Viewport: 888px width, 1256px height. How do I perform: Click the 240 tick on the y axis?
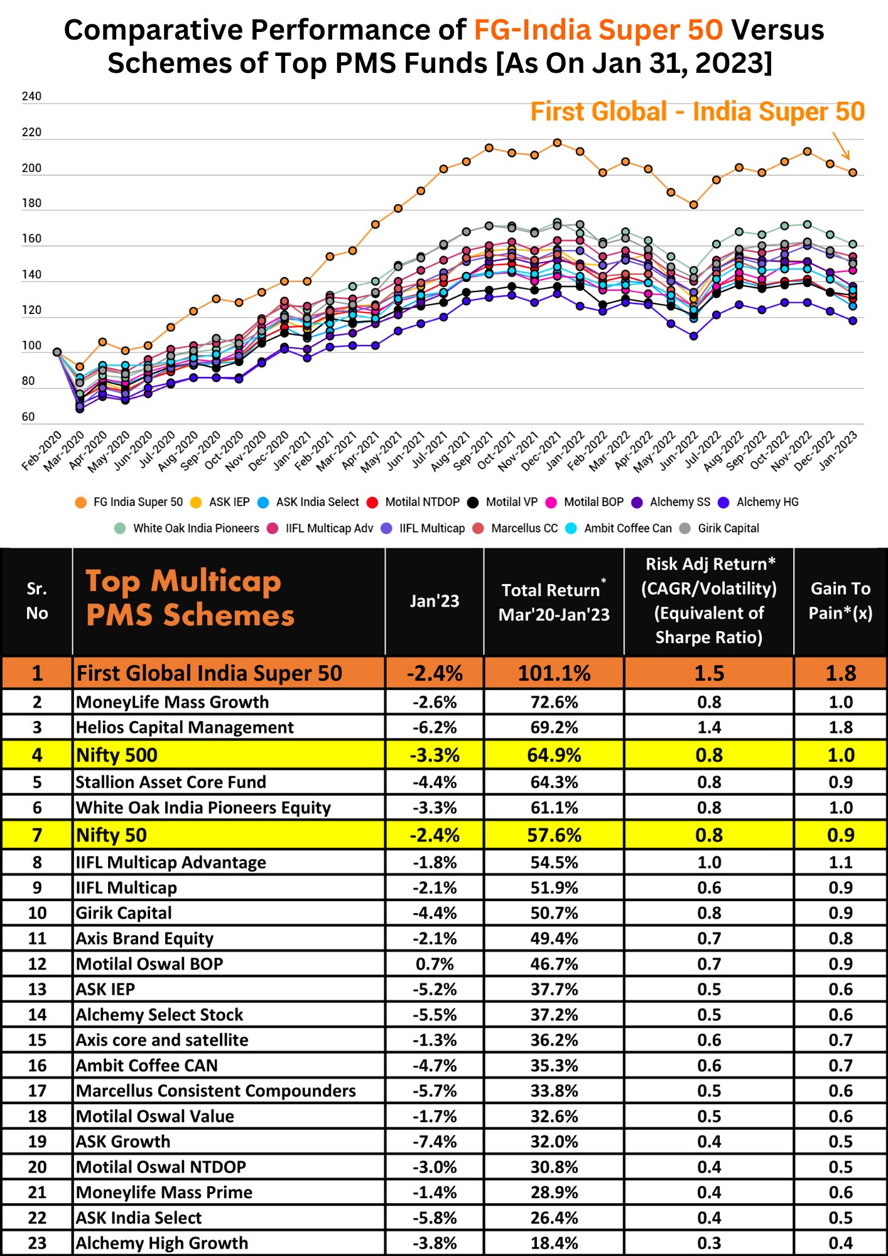coord(31,97)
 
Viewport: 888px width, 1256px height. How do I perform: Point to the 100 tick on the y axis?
coord(31,346)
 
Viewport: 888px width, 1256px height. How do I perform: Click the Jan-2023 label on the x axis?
coord(839,450)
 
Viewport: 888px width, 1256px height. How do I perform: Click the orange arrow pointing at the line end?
coord(842,146)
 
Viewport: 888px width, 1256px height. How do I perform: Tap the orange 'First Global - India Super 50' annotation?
coord(697,112)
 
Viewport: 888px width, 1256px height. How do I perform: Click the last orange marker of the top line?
coord(853,173)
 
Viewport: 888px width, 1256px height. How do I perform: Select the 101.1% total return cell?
coord(554,673)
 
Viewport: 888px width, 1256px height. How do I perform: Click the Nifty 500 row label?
coord(117,755)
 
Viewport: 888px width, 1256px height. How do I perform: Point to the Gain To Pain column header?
coord(840,601)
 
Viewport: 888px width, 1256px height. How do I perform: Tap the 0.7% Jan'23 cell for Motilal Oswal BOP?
coord(435,964)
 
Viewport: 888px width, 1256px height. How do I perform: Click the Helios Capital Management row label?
coord(185,727)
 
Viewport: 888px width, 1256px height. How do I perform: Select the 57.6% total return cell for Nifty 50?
coord(554,835)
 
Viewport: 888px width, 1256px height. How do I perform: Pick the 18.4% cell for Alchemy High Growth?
coord(554,1243)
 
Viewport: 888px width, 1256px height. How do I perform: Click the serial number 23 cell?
coord(37,1243)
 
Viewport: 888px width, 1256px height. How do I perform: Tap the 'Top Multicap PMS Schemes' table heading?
coord(190,598)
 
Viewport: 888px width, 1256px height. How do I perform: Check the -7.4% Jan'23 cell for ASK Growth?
coord(435,1142)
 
